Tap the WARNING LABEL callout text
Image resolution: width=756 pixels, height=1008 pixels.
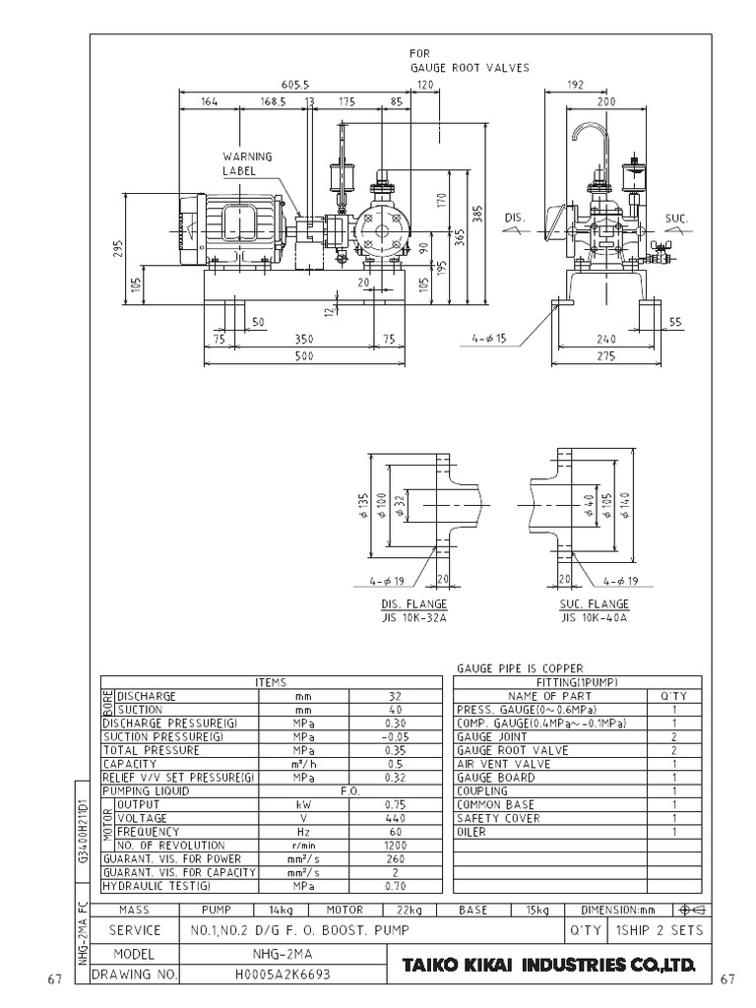pos(246,163)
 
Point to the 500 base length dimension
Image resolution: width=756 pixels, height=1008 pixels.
pos(303,356)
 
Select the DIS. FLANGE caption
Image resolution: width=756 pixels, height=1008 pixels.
pos(413,604)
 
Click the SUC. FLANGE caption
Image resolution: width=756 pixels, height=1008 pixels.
pos(594,604)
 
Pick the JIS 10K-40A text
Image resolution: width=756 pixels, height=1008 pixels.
pos(594,617)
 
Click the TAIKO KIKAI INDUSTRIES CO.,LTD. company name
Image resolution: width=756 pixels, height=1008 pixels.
pos(548,966)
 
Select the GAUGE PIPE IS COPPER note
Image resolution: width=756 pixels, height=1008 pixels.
pos(520,668)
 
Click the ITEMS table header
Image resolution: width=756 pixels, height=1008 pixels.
pos(269,681)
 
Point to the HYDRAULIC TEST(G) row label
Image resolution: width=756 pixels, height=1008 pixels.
pos(157,886)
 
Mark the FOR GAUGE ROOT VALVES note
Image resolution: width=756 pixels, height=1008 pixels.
pos(469,61)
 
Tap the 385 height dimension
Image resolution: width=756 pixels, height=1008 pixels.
pos(477,216)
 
